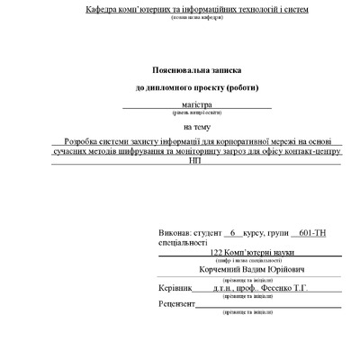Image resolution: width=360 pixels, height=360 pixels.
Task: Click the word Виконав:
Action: [175, 231]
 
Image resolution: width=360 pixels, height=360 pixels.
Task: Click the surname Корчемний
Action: [231, 269]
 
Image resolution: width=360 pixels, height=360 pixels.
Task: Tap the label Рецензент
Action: [177, 305]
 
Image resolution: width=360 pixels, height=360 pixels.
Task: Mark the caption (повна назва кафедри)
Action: [195, 18]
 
